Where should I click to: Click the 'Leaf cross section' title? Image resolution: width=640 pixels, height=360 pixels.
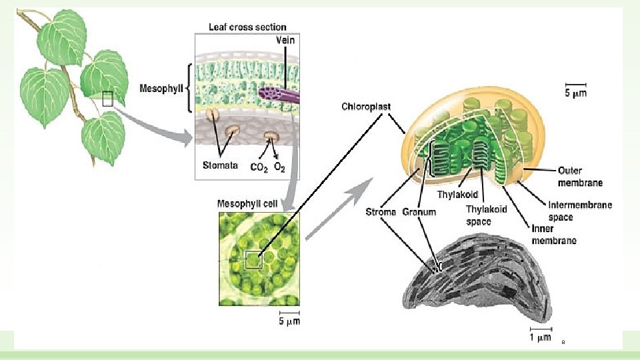[247, 27]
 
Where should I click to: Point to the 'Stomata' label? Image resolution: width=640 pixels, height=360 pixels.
[220, 165]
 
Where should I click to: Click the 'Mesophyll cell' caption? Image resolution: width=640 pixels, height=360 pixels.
[247, 203]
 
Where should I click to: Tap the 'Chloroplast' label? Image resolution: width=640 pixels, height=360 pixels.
[366, 106]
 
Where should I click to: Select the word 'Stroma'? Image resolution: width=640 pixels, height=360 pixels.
[381, 212]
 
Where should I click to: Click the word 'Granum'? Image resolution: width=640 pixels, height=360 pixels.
[419, 212]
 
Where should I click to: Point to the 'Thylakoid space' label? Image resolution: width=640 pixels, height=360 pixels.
[486, 215]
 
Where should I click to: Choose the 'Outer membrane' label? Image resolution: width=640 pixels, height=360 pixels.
[580, 176]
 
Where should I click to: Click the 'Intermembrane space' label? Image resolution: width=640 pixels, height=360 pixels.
[579, 211]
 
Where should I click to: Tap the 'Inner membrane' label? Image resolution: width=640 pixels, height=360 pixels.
[553, 234]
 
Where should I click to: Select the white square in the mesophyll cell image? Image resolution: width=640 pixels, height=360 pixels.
[253, 260]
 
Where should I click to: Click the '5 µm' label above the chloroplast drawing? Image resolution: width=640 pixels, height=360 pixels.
[576, 94]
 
